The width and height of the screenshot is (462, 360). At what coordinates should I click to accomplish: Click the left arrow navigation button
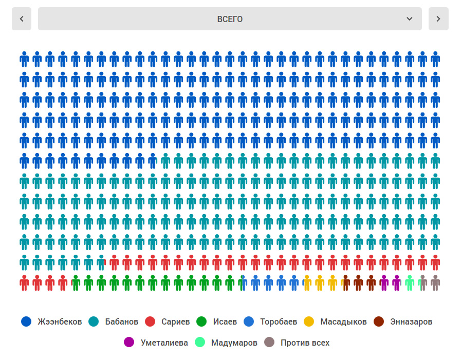(x=22, y=19)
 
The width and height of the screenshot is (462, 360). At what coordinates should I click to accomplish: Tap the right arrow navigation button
(x=438, y=19)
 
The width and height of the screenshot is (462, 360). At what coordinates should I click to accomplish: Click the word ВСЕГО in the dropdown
(x=230, y=19)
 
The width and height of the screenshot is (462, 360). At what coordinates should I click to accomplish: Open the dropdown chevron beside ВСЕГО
(x=410, y=19)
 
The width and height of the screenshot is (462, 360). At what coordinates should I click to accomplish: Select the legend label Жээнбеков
(x=60, y=322)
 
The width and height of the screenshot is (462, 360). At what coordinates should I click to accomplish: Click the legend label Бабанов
(x=121, y=322)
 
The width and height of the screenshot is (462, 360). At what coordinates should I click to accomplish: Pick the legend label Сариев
(x=175, y=322)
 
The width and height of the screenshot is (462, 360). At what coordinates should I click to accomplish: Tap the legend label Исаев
(x=225, y=322)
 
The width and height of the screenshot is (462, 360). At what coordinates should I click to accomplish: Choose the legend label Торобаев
(x=279, y=322)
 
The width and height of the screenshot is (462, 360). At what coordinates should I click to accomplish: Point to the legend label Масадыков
(x=343, y=322)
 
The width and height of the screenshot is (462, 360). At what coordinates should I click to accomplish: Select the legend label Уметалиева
(x=164, y=343)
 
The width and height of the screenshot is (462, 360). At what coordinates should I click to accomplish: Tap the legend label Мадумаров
(x=234, y=343)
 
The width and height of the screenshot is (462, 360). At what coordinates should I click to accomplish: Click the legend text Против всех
(x=305, y=343)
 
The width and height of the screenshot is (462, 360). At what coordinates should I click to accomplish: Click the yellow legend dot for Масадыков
(x=308, y=322)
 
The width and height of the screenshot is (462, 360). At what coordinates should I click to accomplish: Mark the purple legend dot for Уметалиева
(x=129, y=343)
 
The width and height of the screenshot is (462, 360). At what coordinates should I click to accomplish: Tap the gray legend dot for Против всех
(x=269, y=343)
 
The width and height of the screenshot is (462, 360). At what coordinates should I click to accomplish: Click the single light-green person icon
(x=410, y=283)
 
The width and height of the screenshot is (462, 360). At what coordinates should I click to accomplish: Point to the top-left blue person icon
(x=24, y=60)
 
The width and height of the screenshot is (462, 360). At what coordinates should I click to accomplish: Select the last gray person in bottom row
(x=435, y=283)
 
